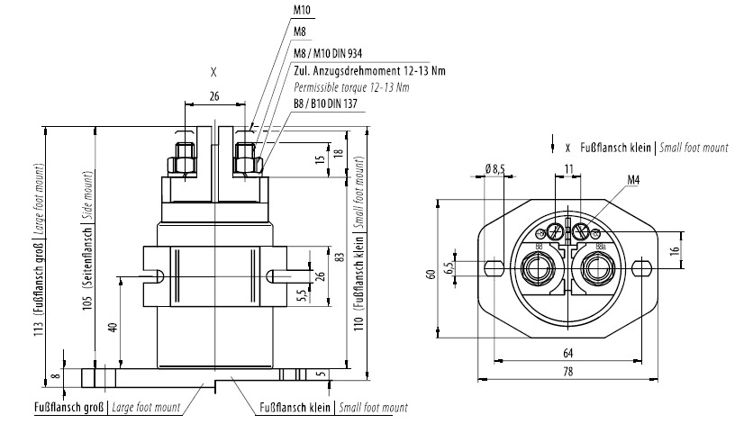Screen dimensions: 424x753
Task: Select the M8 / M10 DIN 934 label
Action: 329,54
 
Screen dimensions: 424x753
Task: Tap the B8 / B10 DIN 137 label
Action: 326,104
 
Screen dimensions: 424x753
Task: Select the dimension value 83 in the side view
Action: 339,257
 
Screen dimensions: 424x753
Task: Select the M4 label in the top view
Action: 634,180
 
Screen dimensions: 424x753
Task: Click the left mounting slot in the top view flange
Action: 492,267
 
